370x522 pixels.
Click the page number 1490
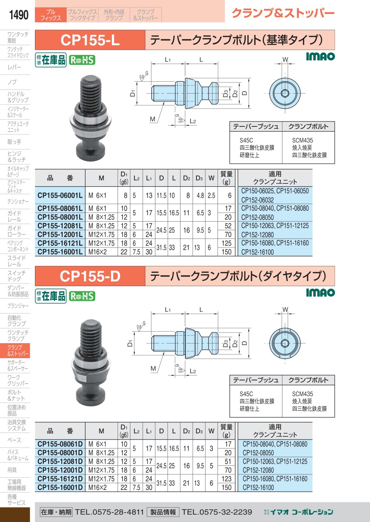pyautogui.click(x=18, y=15)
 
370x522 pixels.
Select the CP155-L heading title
pyautogui.click(x=90, y=40)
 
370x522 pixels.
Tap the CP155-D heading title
pyautogui.click(x=90, y=276)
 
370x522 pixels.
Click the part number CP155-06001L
pyautogui.click(x=60, y=195)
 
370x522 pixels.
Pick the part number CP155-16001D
pyautogui.click(x=60, y=488)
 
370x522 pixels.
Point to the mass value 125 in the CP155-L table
pyautogui.click(x=226, y=243)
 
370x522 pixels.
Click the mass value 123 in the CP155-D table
pyautogui.click(x=226, y=479)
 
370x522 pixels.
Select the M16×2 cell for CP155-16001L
pyautogui.click(x=97, y=252)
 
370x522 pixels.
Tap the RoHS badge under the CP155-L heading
pyautogui.click(x=82, y=60)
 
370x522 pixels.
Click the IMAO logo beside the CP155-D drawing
pyautogui.click(x=320, y=293)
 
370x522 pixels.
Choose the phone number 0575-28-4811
pyautogui.click(x=118, y=512)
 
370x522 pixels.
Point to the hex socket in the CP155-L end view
pyautogui.click(x=285, y=93)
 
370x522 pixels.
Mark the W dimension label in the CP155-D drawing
pyautogui.click(x=285, y=309)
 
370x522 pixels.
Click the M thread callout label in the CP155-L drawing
pyautogui.click(x=153, y=119)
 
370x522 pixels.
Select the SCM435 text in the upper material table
pyautogui.click(x=303, y=140)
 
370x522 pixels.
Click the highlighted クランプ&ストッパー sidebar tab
pyautogui.click(x=15, y=350)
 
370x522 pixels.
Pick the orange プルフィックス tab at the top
pyautogui.click(x=51, y=15)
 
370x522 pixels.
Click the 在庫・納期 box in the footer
pyautogui.click(x=56, y=512)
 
